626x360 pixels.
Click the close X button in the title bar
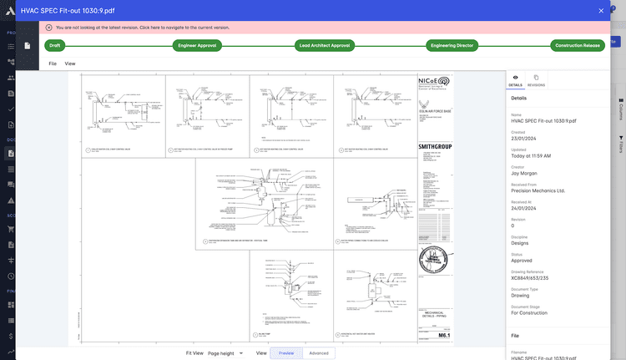click(x=601, y=10)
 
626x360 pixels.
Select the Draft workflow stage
click(x=56, y=46)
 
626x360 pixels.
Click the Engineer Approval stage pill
click(x=198, y=46)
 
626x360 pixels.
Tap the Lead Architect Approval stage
click(x=324, y=46)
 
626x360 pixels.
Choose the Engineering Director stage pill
click(x=452, y=46)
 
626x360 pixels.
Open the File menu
click(x=53, y=63)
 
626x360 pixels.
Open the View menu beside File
click(x=70, y=63)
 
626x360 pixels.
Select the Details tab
click(x=516, y=80)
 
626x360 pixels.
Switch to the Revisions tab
click(x=536, y=80)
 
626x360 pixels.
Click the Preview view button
click(x=286, y=353)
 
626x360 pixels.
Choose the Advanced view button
click(x=319, y=353)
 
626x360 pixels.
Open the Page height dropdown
click(x=225, y=353)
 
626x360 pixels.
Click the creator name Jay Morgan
click(x=524, y=174)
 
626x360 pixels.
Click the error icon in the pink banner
click(x=49, y=28)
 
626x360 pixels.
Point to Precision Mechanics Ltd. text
click(x=538, y=190)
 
